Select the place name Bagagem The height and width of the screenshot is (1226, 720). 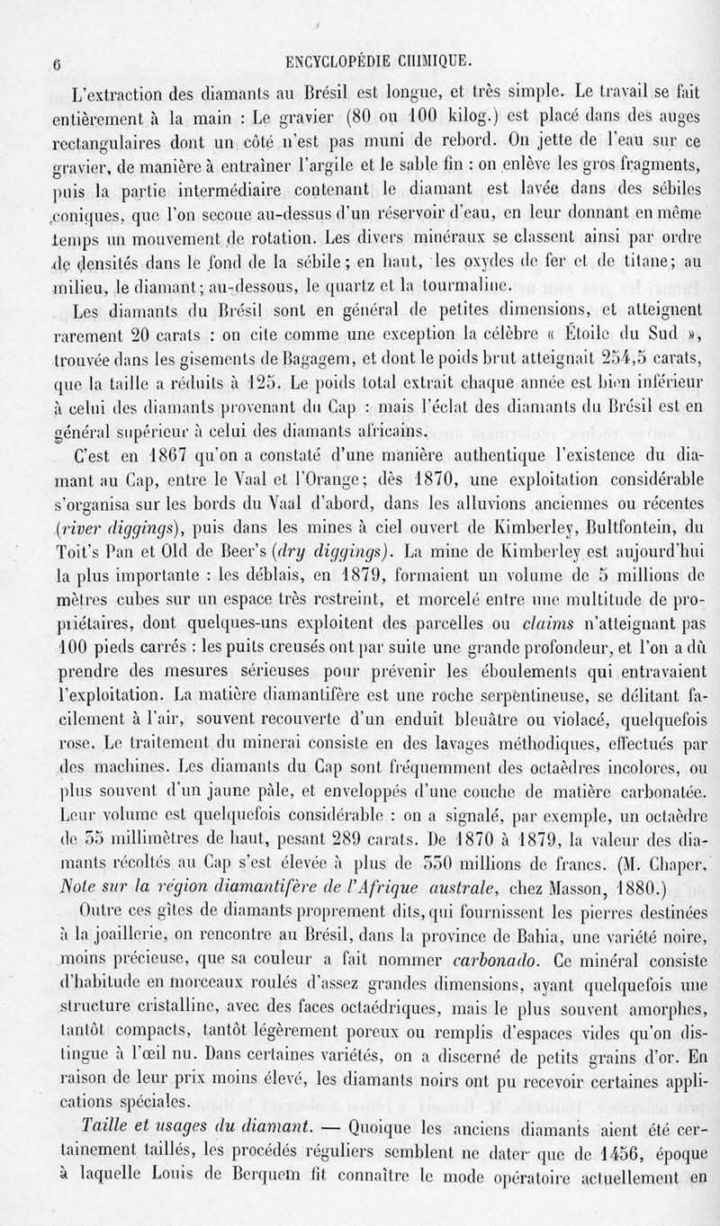pyautogui.click(x=262, y=362)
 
